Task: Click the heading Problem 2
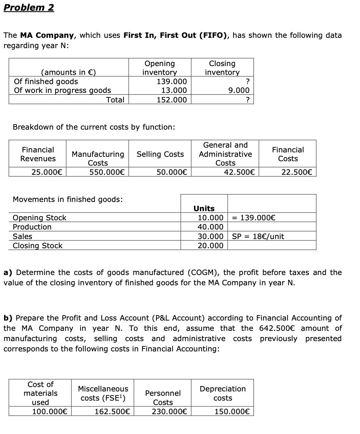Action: pos(29,8)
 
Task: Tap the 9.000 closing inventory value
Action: pos(239,90)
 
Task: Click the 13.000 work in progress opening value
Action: pos(174,90)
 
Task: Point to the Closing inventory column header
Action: pos(222,68)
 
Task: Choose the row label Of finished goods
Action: pos(46,81)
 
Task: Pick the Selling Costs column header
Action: pos(160,154)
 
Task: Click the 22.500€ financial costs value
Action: pos(297,172)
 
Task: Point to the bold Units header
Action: pos(204,208)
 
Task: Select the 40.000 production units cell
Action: pos(210,227)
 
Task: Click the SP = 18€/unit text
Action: pos(258,236)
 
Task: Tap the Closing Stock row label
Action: pos(37,246)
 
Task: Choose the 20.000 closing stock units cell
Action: pos(210,246)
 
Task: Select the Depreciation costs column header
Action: pos(223,393)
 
